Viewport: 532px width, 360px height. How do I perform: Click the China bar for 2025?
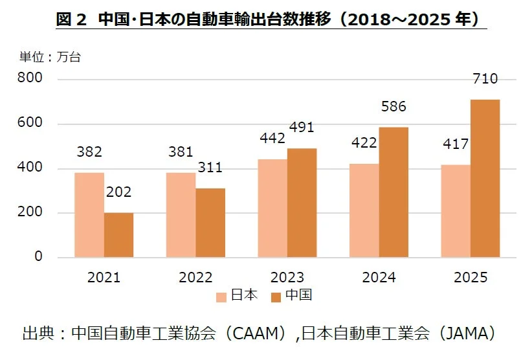(485, 178)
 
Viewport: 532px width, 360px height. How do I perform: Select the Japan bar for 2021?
(89, 214)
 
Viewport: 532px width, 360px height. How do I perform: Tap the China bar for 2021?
(118, 234)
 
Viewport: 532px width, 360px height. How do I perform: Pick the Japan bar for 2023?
(272, 208)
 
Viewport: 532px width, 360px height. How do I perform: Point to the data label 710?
(485, 80)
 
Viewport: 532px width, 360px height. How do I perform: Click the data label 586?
(393, 107)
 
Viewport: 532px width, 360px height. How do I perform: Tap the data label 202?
(118, 192)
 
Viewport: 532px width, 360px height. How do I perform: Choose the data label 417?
(456, 144)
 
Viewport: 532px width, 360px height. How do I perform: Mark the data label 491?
(301, 128)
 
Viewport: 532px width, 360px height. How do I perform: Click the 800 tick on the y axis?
(30, 79)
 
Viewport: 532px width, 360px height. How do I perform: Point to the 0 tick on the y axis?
(38, 257)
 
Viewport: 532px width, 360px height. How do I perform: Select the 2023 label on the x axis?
(287, 278)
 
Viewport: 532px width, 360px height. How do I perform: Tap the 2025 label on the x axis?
(470, 278)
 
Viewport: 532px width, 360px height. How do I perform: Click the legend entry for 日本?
(237, 296)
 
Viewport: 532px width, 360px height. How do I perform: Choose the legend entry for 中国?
(291, 296)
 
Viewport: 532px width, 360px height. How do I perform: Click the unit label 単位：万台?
(50, 56)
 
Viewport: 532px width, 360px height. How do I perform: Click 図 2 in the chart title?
(71, 19)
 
